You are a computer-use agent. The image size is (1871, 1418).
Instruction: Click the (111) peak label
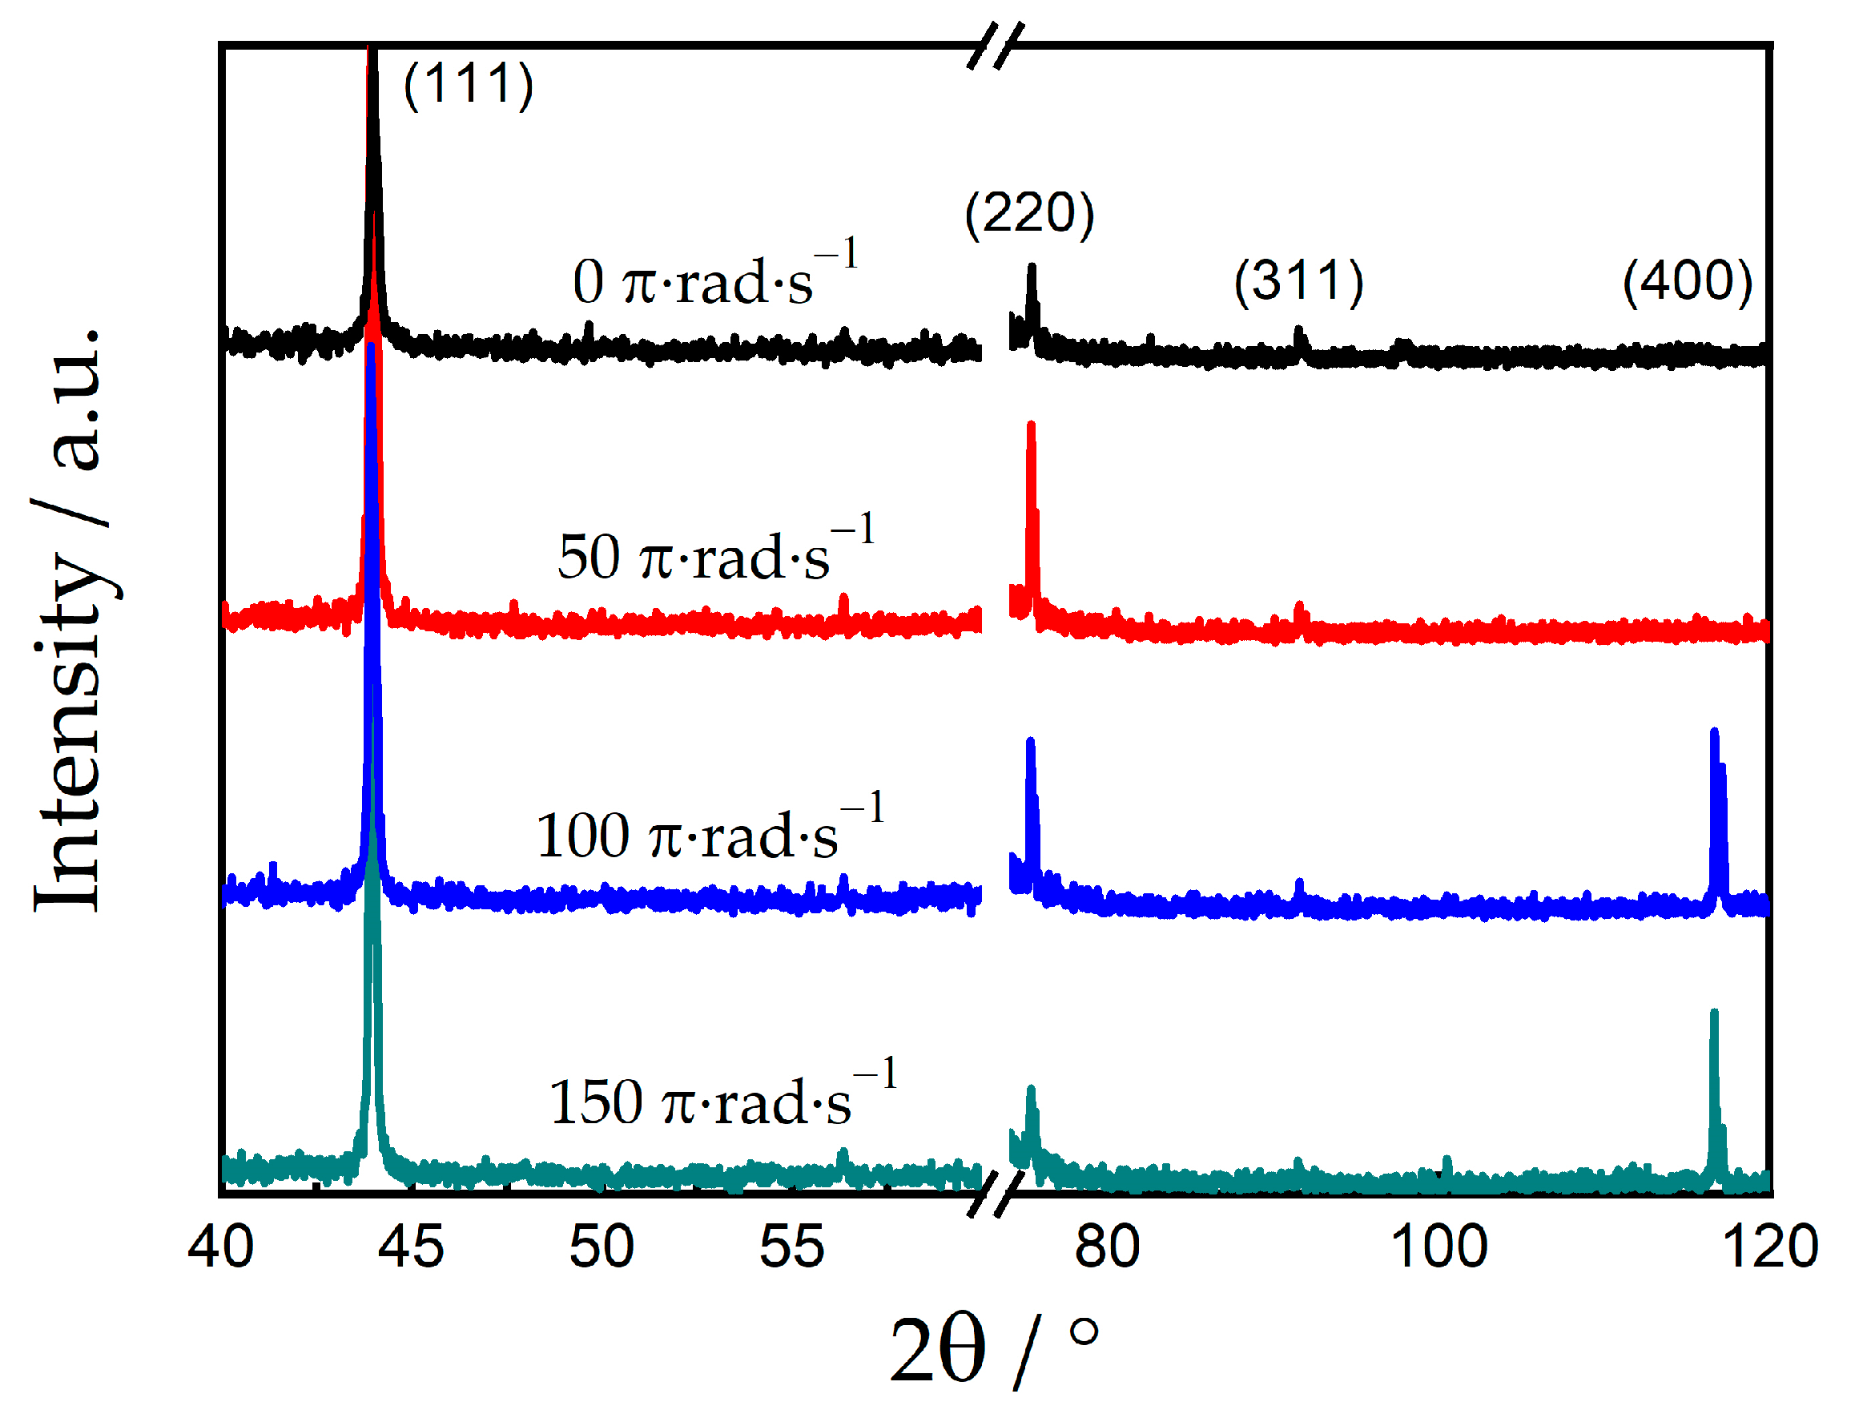click(468, 85)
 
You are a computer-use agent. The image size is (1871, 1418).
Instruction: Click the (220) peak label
click(1029, 213)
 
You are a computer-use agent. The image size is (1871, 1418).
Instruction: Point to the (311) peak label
click(1298, 282)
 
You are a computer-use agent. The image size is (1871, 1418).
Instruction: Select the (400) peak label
click(1687, 282)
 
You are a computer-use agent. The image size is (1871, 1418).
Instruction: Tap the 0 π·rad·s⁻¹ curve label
click(714, 277)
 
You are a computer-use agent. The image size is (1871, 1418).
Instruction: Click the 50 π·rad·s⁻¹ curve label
click(714, 553)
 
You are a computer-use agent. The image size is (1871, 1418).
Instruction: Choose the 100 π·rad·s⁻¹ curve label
click(709, 831)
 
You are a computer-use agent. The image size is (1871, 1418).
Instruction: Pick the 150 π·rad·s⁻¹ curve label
click(722, 1098)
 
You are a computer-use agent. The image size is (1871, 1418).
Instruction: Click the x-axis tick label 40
click(221, 1247)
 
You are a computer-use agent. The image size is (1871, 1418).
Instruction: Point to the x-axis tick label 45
click(411, 1247)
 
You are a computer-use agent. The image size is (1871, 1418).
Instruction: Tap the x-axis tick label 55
click(791, 1247)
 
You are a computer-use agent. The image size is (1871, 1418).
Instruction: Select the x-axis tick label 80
click(1107, 1247)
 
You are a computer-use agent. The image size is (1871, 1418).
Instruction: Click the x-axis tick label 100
click(1438, 1247)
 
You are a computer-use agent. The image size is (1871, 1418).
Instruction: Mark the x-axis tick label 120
click(1769, 1247)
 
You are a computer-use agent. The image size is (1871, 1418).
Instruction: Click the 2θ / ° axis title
click(994, 1349)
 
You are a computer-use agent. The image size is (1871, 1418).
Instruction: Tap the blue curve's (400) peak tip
click(1714, 732)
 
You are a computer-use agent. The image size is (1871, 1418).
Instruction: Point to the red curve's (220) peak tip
click(1030, 425)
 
